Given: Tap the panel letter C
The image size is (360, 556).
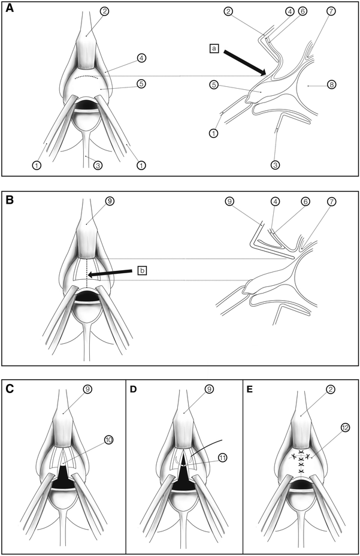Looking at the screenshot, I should [10, 388].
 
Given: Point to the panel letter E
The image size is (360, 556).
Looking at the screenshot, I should [250, 388].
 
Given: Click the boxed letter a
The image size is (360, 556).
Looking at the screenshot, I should [214, 47].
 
